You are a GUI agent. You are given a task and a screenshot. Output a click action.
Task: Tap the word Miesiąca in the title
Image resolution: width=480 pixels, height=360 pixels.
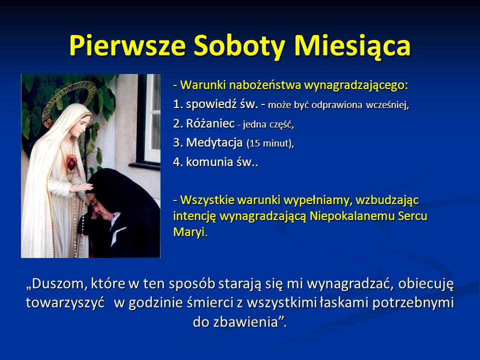coord(352,45)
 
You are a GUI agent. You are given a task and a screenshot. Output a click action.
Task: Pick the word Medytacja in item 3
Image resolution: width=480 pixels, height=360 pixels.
coord(215,143)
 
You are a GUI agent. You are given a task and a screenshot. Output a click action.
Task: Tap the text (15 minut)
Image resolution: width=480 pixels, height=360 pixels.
coord(270,144)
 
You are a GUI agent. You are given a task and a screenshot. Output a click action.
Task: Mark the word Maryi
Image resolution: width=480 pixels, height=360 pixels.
coord(189,233)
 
